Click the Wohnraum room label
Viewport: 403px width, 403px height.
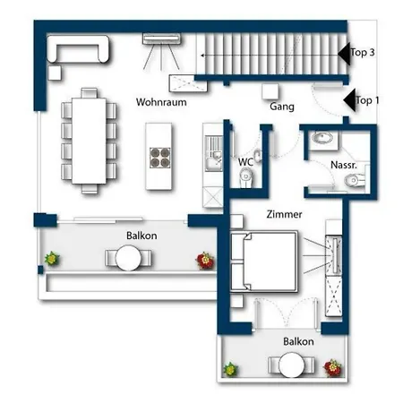(161, 102)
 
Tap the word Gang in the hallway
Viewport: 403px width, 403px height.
(282, 107)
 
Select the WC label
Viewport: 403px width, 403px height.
(245, 162)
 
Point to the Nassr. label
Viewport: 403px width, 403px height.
(344, 165)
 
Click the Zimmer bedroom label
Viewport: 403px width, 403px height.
(284, 214)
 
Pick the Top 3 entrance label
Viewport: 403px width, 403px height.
(363, 52)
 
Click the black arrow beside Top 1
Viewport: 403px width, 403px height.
(349, 100)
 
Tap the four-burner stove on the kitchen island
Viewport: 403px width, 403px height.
(160, 158)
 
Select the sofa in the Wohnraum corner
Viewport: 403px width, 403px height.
(78, 49)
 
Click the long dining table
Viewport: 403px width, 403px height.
(89, 141)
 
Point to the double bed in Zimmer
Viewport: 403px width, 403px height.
(264, 262)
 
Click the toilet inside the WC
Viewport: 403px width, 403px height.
(246, 177)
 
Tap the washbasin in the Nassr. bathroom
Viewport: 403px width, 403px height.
(322, 138)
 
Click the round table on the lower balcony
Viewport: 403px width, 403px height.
(292, 365)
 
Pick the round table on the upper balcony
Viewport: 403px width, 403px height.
(128, 258)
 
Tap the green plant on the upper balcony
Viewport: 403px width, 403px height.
(52, 259)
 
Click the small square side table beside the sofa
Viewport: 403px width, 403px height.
(55, 73)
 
